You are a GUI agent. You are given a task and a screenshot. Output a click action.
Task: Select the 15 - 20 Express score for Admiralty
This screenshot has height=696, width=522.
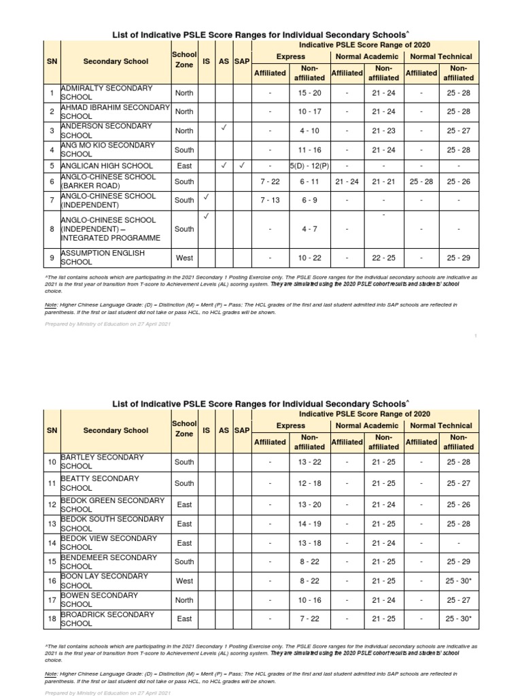click(309, 93)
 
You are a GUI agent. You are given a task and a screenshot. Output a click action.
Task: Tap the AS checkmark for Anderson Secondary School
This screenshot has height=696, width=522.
click(223, 127)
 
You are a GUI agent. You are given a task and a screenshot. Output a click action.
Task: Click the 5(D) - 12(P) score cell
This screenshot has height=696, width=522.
click(309, 165)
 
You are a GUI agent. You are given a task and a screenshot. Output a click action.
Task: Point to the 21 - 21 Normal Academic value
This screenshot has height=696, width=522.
click(383, 181)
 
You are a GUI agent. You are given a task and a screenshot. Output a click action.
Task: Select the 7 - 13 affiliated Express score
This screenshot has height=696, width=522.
click(270, 201)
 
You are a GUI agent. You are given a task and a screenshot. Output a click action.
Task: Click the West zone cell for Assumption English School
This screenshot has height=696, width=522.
click(184, 258)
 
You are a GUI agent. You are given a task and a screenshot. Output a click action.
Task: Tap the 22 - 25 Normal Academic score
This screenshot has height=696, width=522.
click(383, 258)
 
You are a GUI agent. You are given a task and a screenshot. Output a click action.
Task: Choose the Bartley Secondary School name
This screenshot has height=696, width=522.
click(102, 462)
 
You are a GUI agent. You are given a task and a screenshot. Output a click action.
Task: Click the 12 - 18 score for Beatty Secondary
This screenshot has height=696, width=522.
click(309, 483)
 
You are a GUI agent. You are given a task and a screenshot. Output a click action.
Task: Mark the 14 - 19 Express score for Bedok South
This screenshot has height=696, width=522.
click(309, 524)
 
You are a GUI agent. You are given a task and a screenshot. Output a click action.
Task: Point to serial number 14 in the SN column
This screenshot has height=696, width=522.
click(52, 543)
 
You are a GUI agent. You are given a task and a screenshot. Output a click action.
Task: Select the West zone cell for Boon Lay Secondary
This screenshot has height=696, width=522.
click(184, 581)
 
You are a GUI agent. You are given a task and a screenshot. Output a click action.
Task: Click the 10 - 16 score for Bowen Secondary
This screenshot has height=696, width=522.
click(309, 600)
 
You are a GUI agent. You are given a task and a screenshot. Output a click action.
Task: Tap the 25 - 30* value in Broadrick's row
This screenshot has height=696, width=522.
click(458, 619)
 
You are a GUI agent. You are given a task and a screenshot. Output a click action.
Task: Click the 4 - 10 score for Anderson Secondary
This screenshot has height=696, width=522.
click(309, 131)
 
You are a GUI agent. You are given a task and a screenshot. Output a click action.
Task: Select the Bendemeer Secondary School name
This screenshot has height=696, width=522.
click(102, 562)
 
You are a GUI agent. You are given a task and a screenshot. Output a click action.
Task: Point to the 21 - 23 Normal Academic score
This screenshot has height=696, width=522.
click(383, 131)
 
